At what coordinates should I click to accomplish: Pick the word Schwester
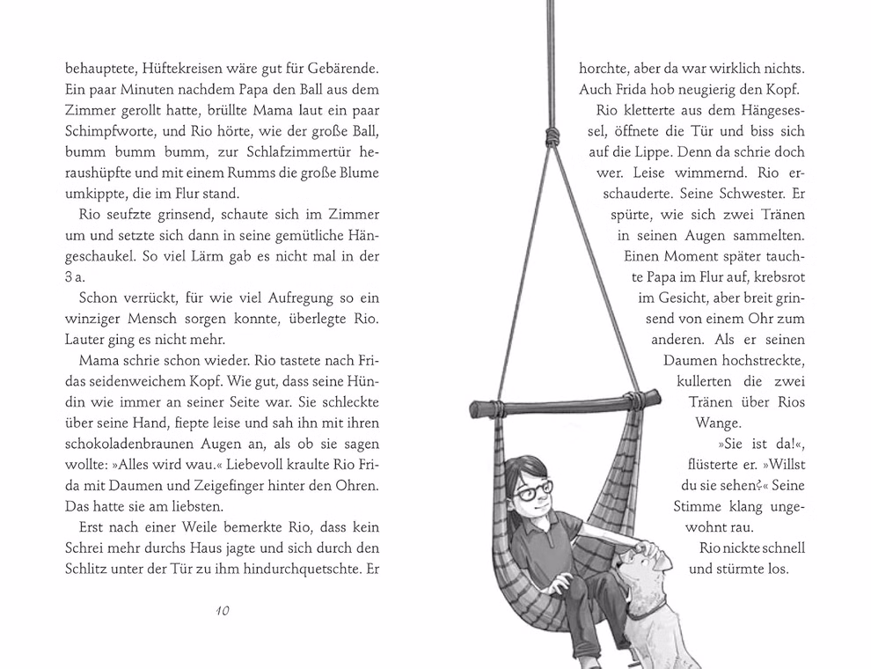tap(744, 195)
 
